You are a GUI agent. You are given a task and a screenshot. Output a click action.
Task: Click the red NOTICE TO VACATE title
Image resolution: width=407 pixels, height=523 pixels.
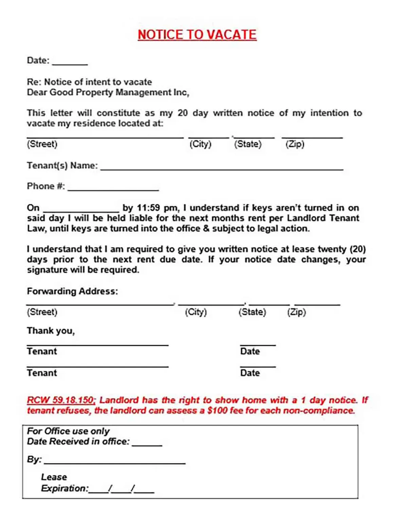point(197,35)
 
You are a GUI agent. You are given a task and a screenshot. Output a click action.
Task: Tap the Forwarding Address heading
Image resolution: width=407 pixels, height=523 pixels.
point(72,291)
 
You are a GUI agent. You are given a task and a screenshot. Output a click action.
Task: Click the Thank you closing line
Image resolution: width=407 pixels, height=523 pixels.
point(51,331)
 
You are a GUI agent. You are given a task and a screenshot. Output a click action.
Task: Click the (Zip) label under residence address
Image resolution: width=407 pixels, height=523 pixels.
point(295,144)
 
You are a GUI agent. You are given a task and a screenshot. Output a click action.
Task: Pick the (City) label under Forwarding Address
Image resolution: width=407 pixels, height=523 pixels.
point(196,312)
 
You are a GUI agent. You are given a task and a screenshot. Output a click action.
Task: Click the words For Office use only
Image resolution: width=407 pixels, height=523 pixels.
point(68,431)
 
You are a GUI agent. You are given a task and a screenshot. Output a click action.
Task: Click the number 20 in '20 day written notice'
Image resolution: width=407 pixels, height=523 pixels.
point(182,113)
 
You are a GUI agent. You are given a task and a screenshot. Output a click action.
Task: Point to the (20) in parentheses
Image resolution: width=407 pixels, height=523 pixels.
point(357,249)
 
